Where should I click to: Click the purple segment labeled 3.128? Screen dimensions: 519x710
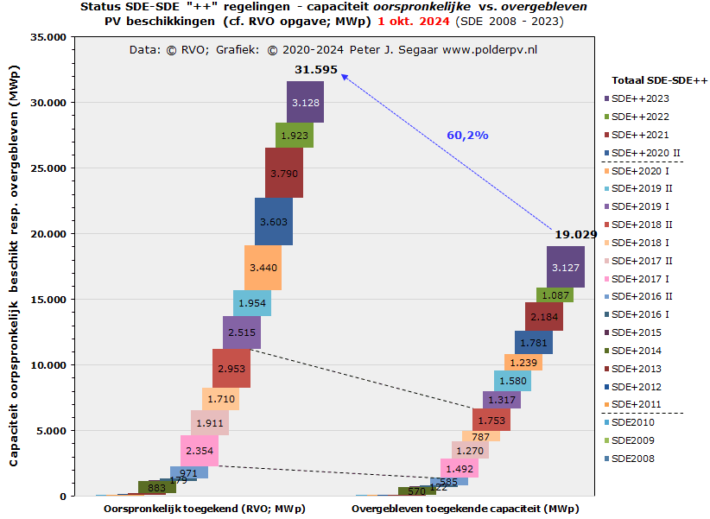tap(306, 102)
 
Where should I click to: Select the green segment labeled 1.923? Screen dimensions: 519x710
tap(295, 136)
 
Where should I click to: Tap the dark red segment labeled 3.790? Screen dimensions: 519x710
tap(284, 173)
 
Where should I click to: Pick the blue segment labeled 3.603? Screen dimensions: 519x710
tap(273, 222)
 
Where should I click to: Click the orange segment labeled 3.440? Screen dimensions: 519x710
tap(263, 268)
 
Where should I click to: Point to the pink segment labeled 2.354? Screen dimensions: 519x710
tap(200, 451)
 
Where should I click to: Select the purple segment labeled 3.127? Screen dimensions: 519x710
tap(566, 266)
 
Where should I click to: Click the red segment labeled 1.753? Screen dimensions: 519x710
tap(491, 420)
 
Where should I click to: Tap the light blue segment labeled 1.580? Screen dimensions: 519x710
tap(512, 381)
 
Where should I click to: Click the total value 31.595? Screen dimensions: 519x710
tap(315, 70)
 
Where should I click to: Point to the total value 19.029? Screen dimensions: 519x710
tap(576, 233)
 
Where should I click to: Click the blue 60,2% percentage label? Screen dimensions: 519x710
tap(467, 135)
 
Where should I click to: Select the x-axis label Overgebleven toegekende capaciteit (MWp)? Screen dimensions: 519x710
tap(465, 509)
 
